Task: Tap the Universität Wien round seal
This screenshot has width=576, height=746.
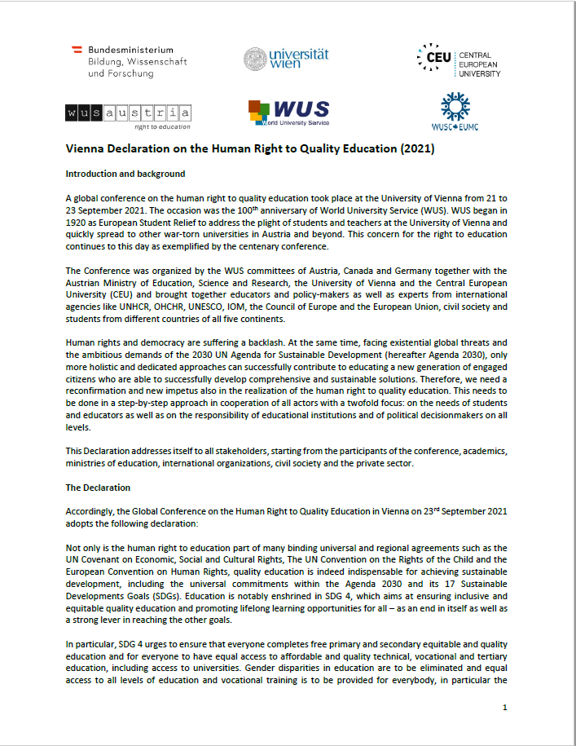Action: (x=255, y=60)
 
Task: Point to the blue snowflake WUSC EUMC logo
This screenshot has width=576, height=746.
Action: (x=455, y=106)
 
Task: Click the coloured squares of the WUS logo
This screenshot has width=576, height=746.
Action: (x=259, y=112)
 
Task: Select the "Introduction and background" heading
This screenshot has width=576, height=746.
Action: (x=125, y=174)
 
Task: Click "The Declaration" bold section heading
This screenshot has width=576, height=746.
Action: (x=98, y=488)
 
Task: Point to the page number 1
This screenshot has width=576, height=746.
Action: (x=505, y=707)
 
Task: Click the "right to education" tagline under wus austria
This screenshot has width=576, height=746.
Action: (x=162, y=126)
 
